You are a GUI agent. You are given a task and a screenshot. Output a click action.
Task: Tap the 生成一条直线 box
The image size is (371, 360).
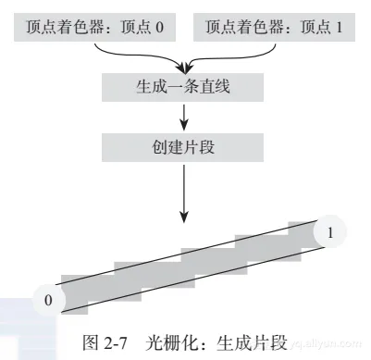pyautogui.click(x=185, y=90)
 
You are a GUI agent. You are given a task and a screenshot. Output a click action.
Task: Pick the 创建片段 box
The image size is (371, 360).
pyautogui.click(x=185, y=145)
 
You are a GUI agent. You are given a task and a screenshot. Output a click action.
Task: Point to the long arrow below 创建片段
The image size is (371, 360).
pyautogui.click(x=185, y=190)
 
